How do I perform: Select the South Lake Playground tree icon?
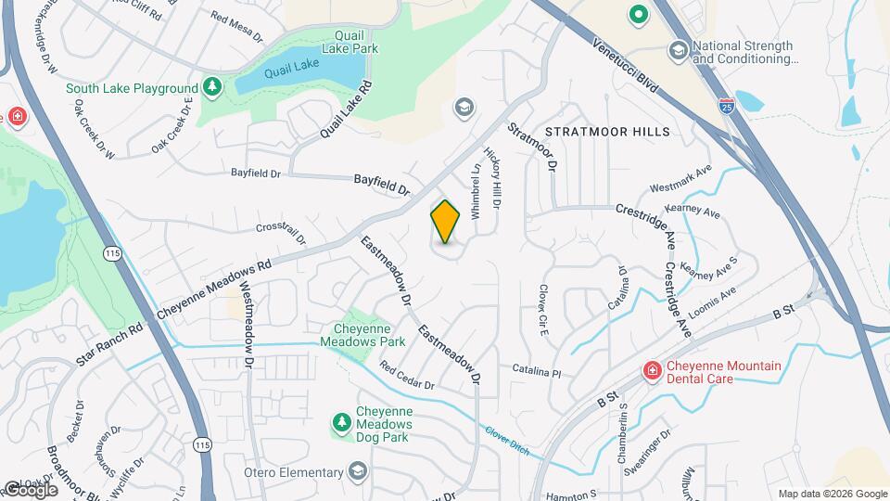[212, 86]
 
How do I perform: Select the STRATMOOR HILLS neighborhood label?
[607, 132]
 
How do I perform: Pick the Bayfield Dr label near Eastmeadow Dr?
[382, 185]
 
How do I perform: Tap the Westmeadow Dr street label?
[248, 318]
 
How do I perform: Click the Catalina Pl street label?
[538, 370]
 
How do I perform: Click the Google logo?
[30, 489]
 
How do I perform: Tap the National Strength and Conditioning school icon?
[679, 49]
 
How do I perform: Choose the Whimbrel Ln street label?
[476, 191]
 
